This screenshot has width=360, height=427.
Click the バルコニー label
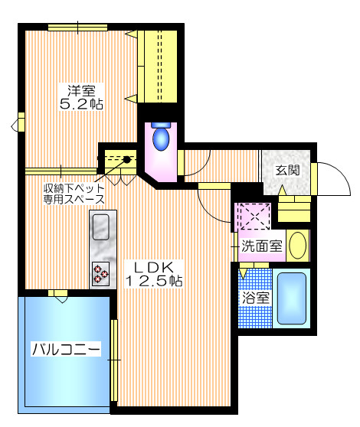[66, 350]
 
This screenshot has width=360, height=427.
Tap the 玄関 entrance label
[288, 170]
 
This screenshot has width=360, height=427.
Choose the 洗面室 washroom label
[262, 246]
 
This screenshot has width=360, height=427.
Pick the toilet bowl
[161, 138]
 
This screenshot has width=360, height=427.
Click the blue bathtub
[291, 298]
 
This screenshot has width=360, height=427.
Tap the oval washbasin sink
[299, 246]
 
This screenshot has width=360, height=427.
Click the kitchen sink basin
[101, 227]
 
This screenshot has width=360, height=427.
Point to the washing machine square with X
[253, 215]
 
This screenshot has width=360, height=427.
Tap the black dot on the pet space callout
[126, 161]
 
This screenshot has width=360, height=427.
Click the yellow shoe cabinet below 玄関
[295, 207]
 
